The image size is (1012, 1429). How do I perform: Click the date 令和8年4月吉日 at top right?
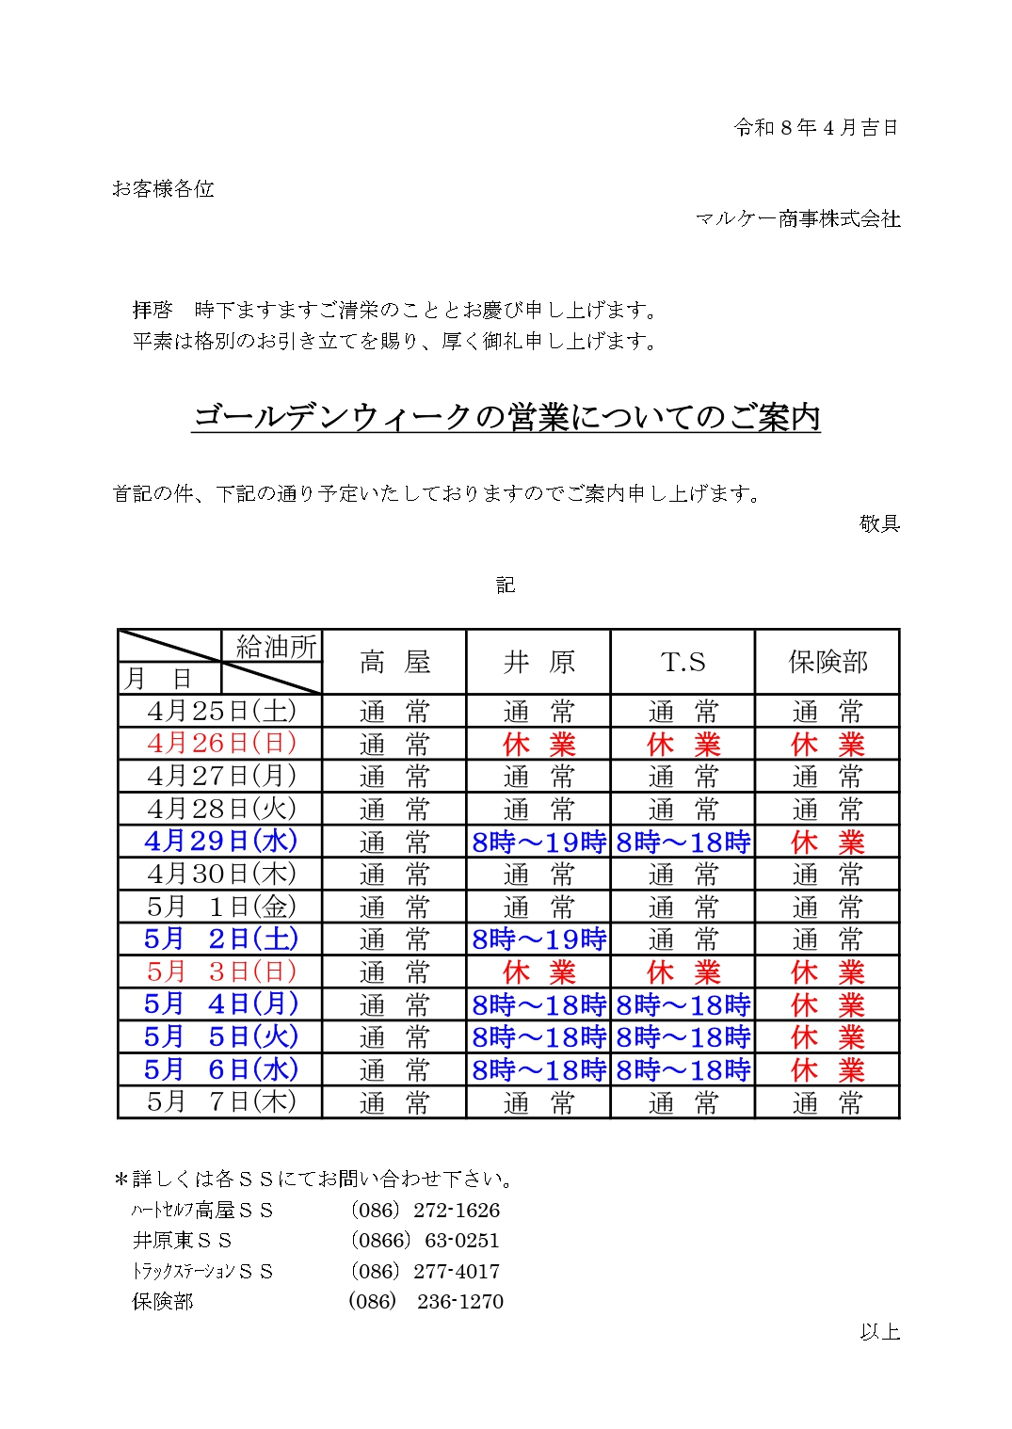(x=815, y=127)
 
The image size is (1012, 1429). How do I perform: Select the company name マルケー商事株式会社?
(x=797, y=219)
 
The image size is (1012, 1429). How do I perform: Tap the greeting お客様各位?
(x=163, y=189)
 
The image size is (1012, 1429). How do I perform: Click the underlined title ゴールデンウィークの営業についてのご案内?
(x=506, y=417)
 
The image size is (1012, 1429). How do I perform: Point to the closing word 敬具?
(x=879, y=523)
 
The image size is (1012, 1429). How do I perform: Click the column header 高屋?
(x=394, y=662)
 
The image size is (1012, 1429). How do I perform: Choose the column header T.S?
(x=683, y=662)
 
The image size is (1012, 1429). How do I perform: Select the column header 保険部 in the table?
(x=827, y=662)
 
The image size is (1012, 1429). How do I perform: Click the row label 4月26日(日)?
(x=221, y=743)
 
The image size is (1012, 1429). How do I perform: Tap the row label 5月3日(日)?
(x=221, y=971)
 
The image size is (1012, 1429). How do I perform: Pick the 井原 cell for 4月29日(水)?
(x=538, y=842)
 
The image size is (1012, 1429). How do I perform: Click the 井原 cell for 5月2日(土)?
(x=538, y=939)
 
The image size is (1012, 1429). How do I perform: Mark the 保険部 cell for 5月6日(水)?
(x=827, y=1069)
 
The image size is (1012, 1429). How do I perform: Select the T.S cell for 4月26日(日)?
(x=683, y=744)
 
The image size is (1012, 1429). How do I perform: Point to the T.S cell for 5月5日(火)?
(x=683, y=1037)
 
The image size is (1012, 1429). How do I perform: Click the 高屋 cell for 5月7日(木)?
(x=394, y=1102)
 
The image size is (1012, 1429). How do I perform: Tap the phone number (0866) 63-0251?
(x=425, y=1240)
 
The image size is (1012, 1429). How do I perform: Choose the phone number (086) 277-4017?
(x=425, y=1271)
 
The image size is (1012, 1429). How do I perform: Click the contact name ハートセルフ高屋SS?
(x=202, y=1210)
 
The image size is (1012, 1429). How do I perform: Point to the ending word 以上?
(x=879, y=1331)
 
